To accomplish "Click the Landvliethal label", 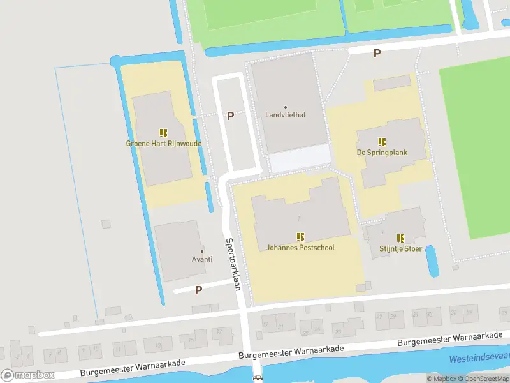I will pos(285,116).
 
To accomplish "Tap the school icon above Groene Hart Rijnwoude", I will pos(163,133).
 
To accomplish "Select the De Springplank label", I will pos(381,153).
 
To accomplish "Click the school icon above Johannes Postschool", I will pos(300,237).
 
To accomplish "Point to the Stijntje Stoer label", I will pos(400,248).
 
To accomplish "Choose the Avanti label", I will pos(202,260).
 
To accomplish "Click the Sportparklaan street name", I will pos(233,265).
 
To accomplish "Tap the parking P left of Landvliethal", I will pos(230,116).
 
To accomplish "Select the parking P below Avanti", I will pos(198,290).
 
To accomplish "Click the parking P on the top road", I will pos(377,54).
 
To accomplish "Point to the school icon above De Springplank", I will pos(381,142).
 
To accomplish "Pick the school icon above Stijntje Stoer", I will pos(400,237).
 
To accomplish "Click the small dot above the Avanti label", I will pos(202,250).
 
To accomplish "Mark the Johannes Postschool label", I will pos(300,248).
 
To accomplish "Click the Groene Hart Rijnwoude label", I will pos(163,144).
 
